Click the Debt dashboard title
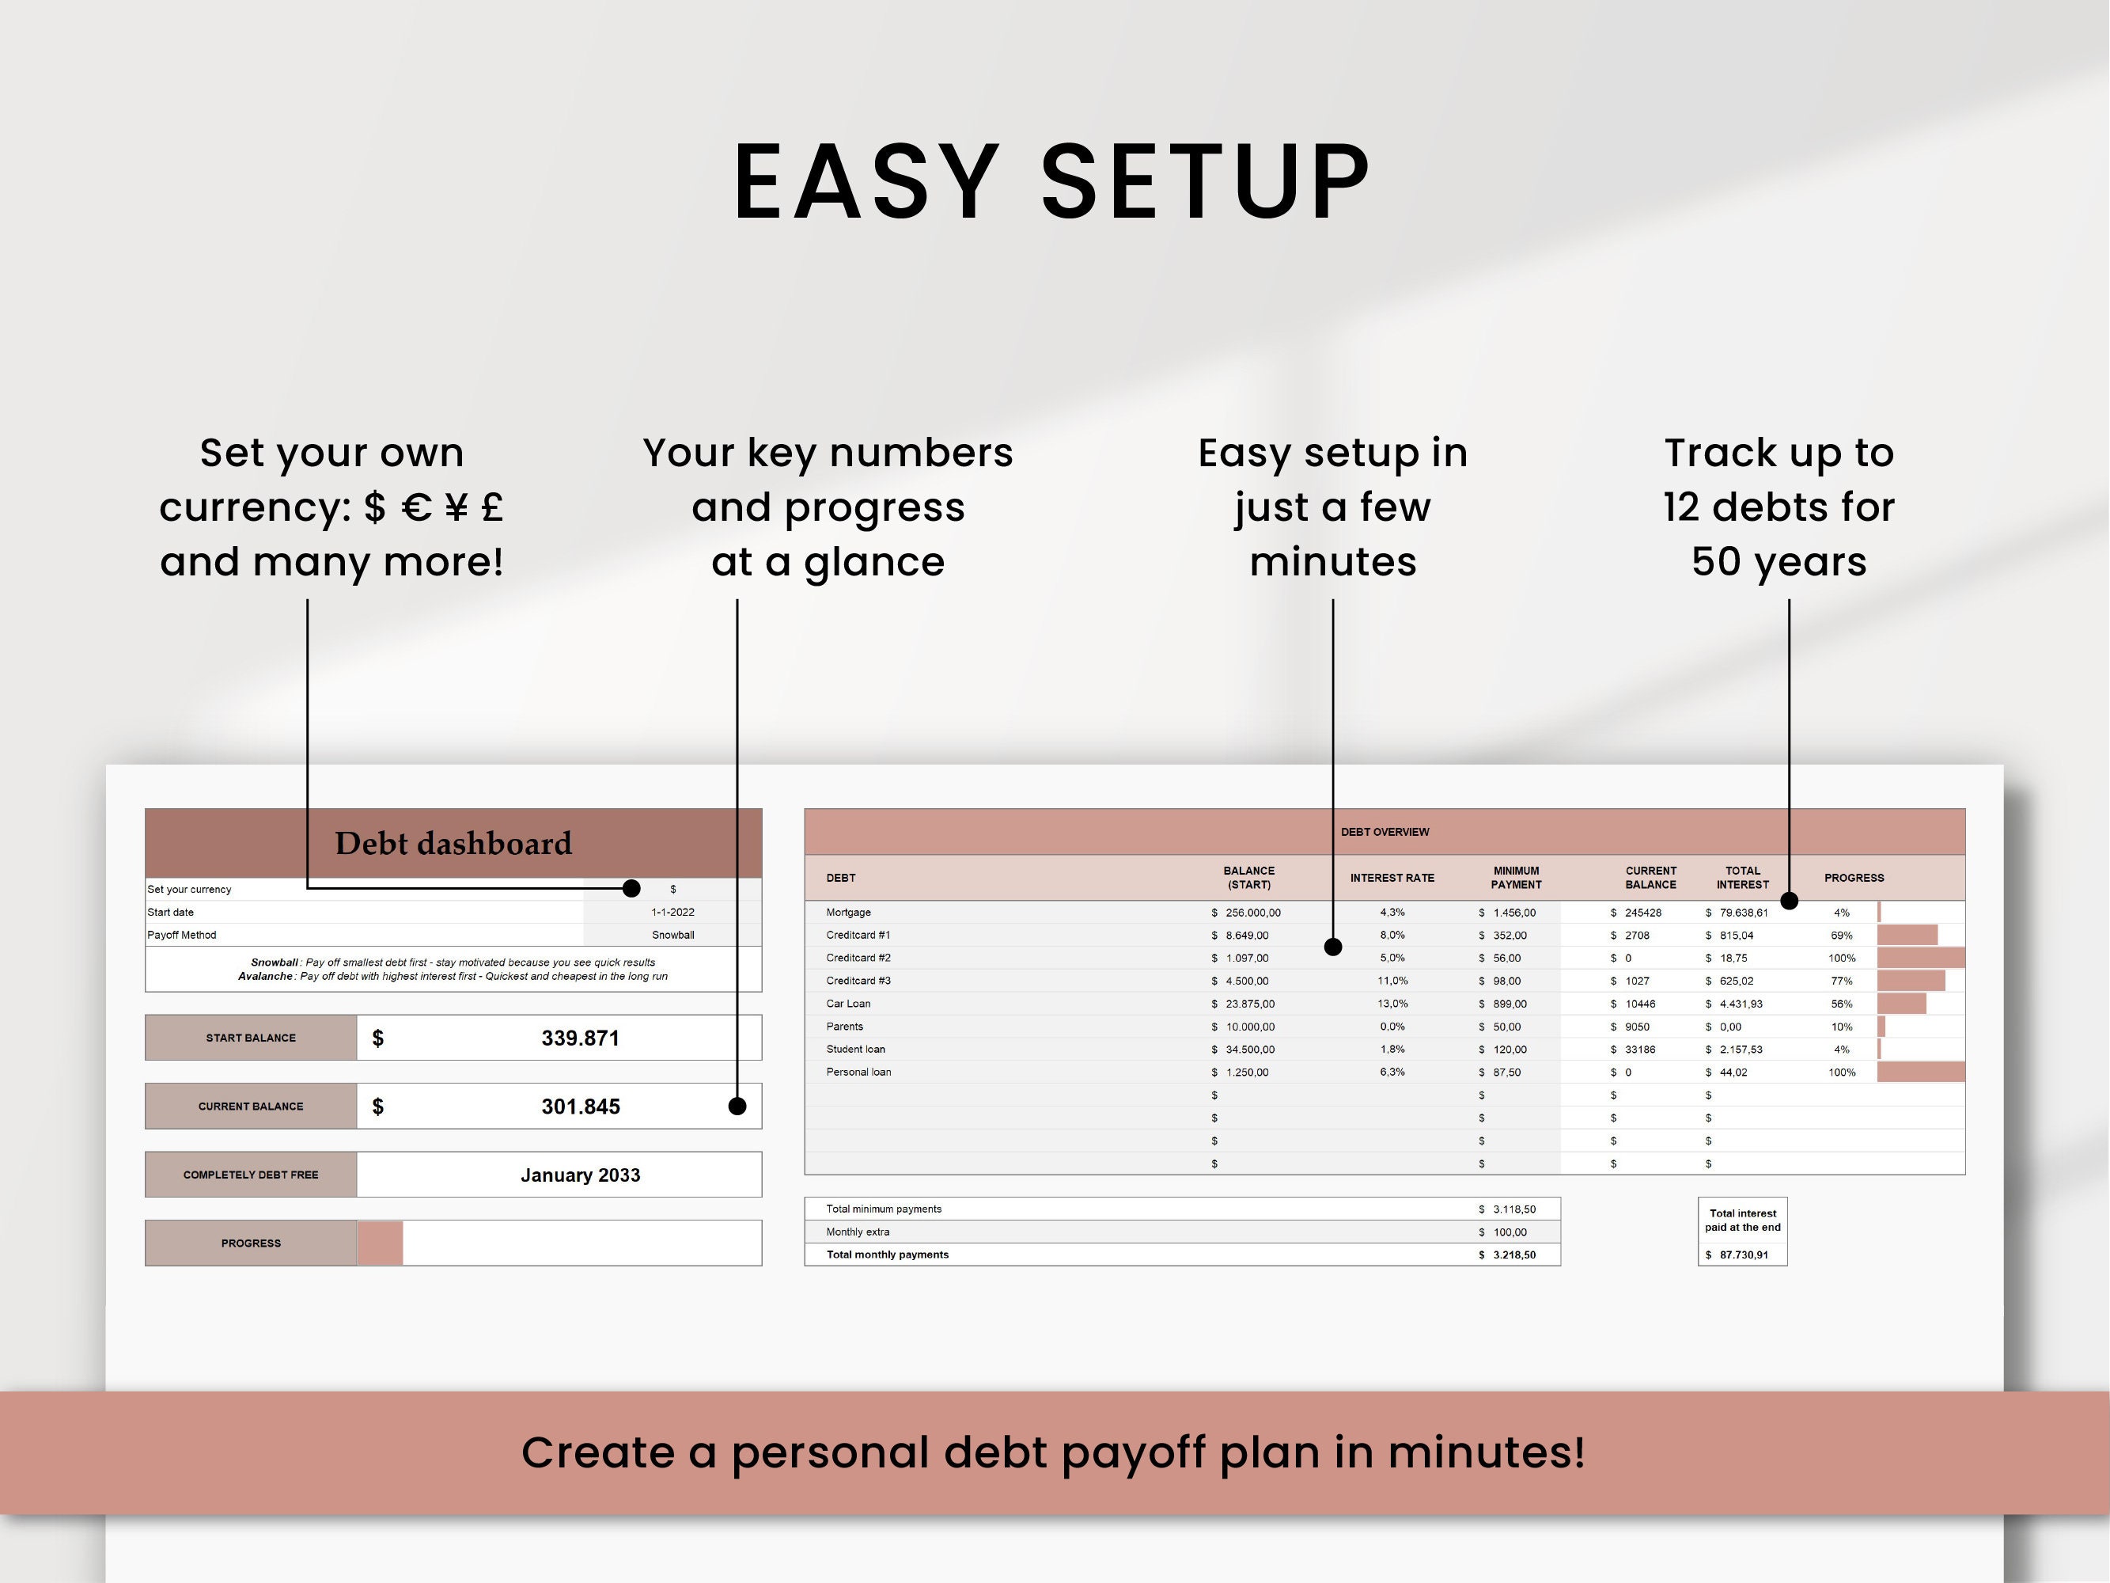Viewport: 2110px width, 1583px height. pos(453,844)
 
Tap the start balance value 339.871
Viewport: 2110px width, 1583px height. pos(580,1038)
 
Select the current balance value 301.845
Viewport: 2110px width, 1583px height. pos(580,1107)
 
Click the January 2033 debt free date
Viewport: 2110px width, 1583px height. pos(580,1175)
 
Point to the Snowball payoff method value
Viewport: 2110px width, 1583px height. pos(672,935)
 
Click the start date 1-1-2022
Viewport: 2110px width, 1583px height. pos(672,913)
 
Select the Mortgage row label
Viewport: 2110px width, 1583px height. pos(848,913)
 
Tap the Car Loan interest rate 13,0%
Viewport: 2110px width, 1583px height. pos(1392,1004)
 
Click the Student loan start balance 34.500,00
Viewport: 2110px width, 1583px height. pos(1249,1050)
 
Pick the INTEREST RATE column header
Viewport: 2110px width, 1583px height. pos(1392,878)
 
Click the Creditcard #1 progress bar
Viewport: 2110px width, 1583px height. pos(1907,935)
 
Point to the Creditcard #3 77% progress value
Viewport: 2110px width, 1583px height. pos(1841,981)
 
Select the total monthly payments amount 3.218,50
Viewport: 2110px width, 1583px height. pos(1513,1255)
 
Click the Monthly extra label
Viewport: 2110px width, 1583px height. pos(857,1232)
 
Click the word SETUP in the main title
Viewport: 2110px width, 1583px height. pos(1205,181)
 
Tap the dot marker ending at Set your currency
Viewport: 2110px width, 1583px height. pos(631,888)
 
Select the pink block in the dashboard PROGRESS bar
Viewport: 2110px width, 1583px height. pos(380,1243)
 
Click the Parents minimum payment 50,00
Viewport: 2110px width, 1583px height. pos(1507,1027)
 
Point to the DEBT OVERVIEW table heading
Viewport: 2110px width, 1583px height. pos(1384,832)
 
